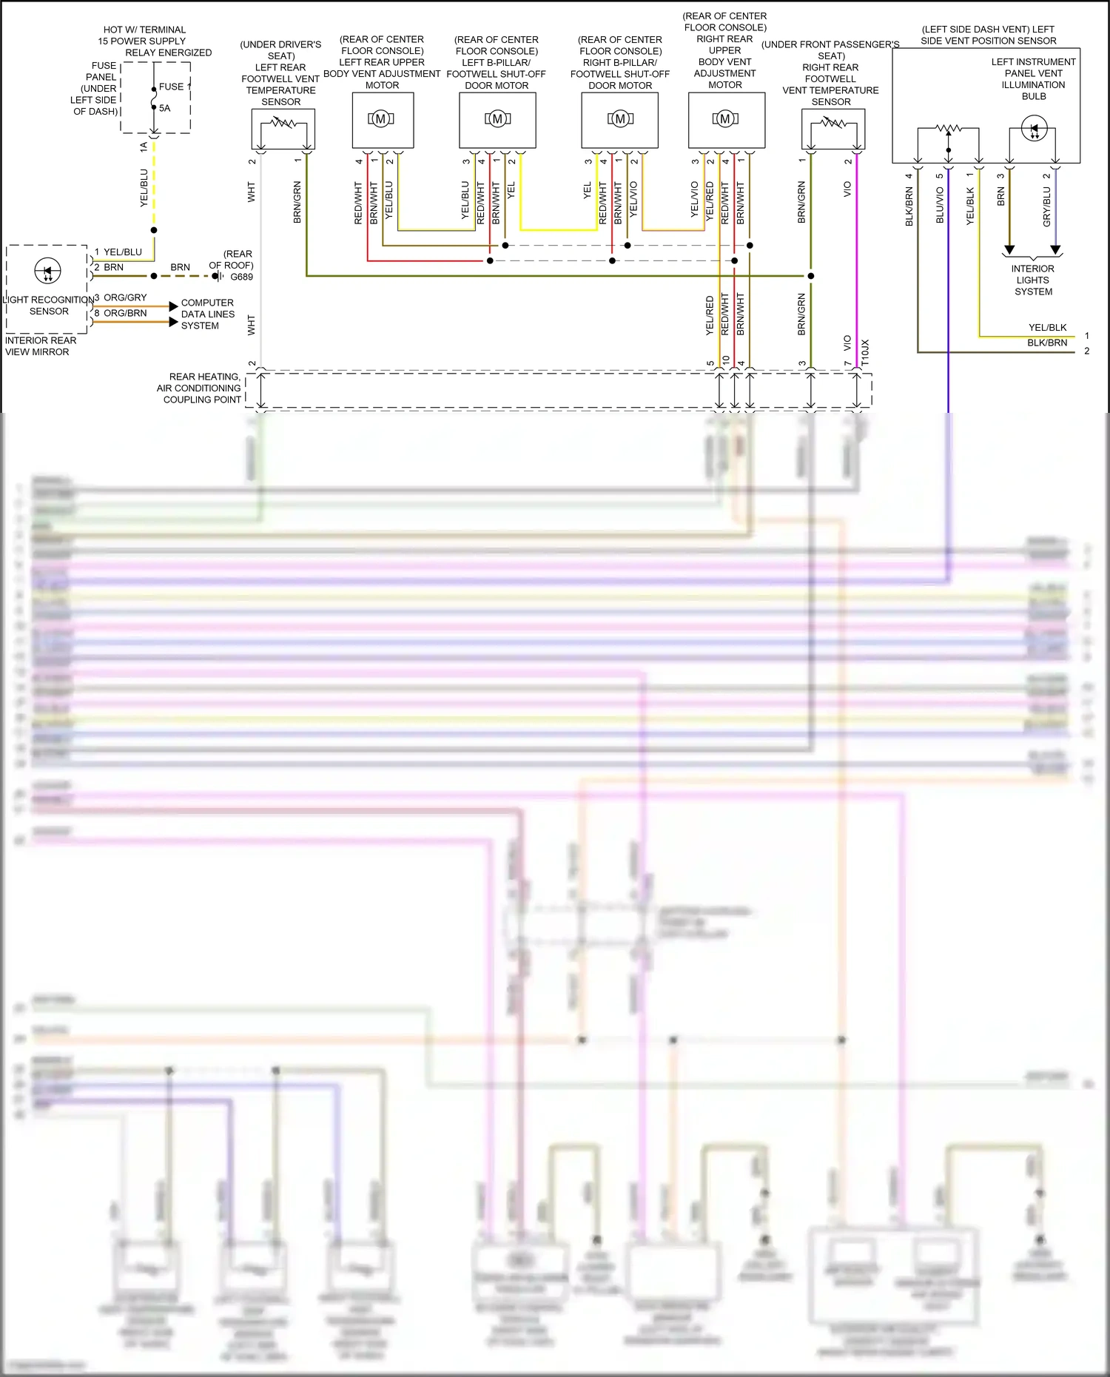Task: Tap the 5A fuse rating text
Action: point(164,108)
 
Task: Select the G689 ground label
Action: point(241,277)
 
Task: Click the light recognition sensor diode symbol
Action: point(48,271)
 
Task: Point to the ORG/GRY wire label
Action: point(125,297)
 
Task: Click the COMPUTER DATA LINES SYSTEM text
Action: point(207,314)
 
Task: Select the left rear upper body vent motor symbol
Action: point(381,118)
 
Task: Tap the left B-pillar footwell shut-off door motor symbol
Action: point(497,118)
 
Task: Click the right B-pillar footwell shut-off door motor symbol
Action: point(620,118)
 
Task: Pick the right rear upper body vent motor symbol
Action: point(725,118)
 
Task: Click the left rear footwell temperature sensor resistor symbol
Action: point(283,124)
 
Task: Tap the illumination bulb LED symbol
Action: point(1034,129)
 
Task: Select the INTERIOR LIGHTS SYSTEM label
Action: point(1033,280)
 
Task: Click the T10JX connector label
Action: point(865,353)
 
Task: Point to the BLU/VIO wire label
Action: point(940,205)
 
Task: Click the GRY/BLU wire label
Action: point(1046,206)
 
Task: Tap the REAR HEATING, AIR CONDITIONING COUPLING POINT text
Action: point(199,388)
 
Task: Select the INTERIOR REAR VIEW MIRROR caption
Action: point(41,346)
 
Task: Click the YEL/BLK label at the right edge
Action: point(1047,327)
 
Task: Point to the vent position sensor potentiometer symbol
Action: point(949,129)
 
